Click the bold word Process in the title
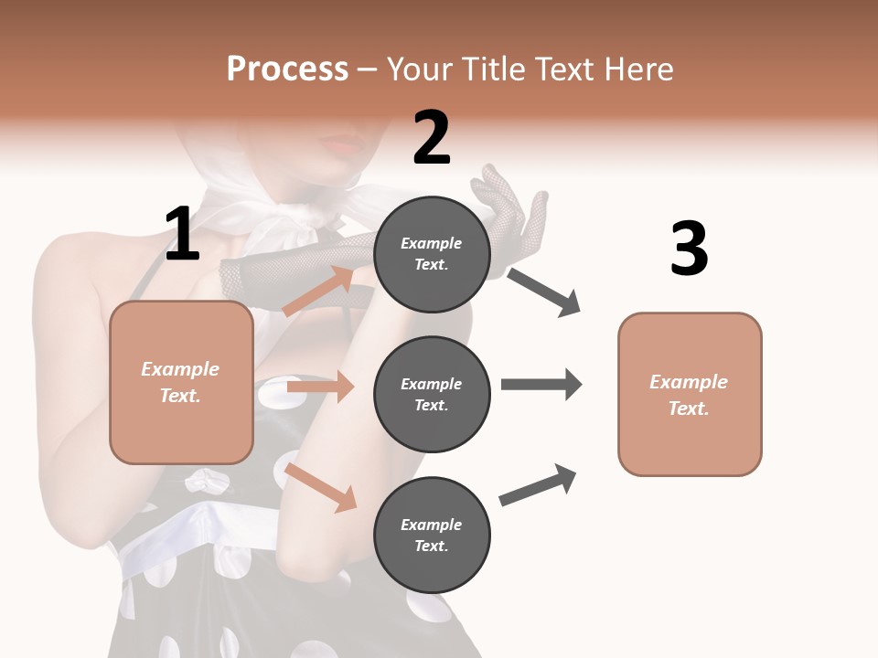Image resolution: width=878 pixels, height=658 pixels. pyautogui.click(x=287, y=69)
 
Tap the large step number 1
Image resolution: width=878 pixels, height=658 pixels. pyautogui.click(x=182, y=235)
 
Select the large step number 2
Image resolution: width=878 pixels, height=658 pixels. pyautogui.click(x=432, y=138)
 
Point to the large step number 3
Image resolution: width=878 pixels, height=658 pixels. pyautogui.click(x=689, y=249)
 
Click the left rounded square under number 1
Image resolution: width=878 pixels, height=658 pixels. pyautogui.click(x=181, y=382)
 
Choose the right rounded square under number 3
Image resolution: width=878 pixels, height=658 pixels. pyautogui.click(x=690, y=394)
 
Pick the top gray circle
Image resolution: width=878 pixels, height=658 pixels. pyautogui.click(x=432, y=254)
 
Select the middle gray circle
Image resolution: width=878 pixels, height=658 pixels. pyautogui.click(x=432, y=394)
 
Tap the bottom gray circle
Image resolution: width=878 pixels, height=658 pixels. pyautogui.click(x=432, y=535)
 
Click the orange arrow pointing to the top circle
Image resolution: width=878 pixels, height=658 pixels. pyautogui.click(x=319, y=291)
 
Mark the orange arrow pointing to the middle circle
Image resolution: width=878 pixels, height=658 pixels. pyautogui.click(x=320, y=387)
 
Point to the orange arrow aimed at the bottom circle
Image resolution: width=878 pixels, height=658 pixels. pyautogui.click(x=320, y=486)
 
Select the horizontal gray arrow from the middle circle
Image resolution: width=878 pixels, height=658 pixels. pyautogui.click(x=541, y=384)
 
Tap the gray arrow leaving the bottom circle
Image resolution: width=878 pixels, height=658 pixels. pyautogui.click(x=538, y=485)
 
